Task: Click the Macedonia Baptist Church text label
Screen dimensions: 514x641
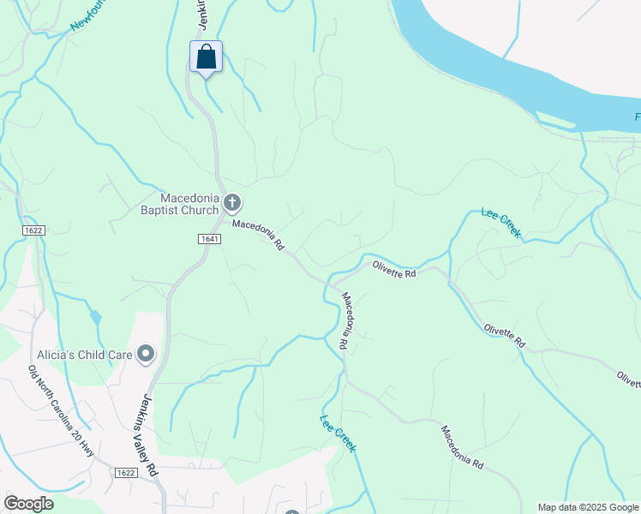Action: pyautogui.click(x=178, y=203)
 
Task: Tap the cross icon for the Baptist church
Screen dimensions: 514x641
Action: pyautogui.click(x=232, y=203)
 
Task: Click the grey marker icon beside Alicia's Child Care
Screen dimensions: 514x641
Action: pyautogui.click(x=146, y=353)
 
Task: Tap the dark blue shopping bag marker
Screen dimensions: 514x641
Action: pyautogui.click(x=206, y=57)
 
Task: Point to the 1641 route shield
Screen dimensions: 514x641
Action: pyautogui.click(x=213, y=239)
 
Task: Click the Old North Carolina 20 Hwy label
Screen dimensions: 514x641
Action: pyautogui.click(x=60, y=411)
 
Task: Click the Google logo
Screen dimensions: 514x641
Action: pyautogui.click(x=28, y=504)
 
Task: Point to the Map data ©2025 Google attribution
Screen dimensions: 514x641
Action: pyautogui.click(x=588, y=507)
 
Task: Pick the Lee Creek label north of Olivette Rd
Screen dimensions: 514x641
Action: pyautogui.click(x=500, y=222)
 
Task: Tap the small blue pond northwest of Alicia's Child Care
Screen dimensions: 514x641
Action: pyautogui.click(x=95, y=317)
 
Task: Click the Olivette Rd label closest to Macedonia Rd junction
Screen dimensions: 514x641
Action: pyautogui.click(x=393, y=269)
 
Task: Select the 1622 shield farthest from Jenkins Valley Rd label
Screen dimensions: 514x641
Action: pyautogui.click(x=33, y=230)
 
